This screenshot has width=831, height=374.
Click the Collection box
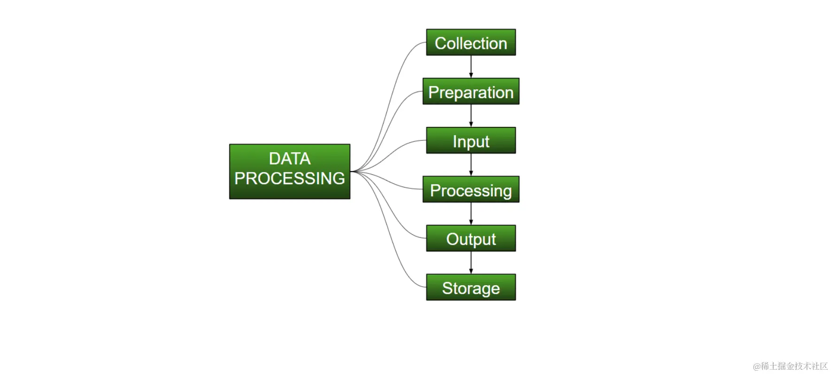(x=470, y=43)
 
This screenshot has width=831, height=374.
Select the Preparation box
(x=470, y=92)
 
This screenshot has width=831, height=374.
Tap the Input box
(x=470, y=140)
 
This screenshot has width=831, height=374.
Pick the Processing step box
(x=470, y=190)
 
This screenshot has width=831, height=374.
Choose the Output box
(x=470, y=239)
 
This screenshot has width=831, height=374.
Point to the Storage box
(x=470, y=288)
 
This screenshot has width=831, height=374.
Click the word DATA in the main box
(x=290, y=159)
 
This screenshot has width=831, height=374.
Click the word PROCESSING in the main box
(x=290, y=179)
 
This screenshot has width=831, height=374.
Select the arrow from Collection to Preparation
(x=471, y=67)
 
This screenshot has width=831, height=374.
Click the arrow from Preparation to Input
(x=471, y=116)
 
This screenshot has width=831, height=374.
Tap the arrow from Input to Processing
(x=471, y=164)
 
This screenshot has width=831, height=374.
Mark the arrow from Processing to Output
(x=471, y=214)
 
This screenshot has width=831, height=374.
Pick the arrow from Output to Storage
(x=471, y=263)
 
